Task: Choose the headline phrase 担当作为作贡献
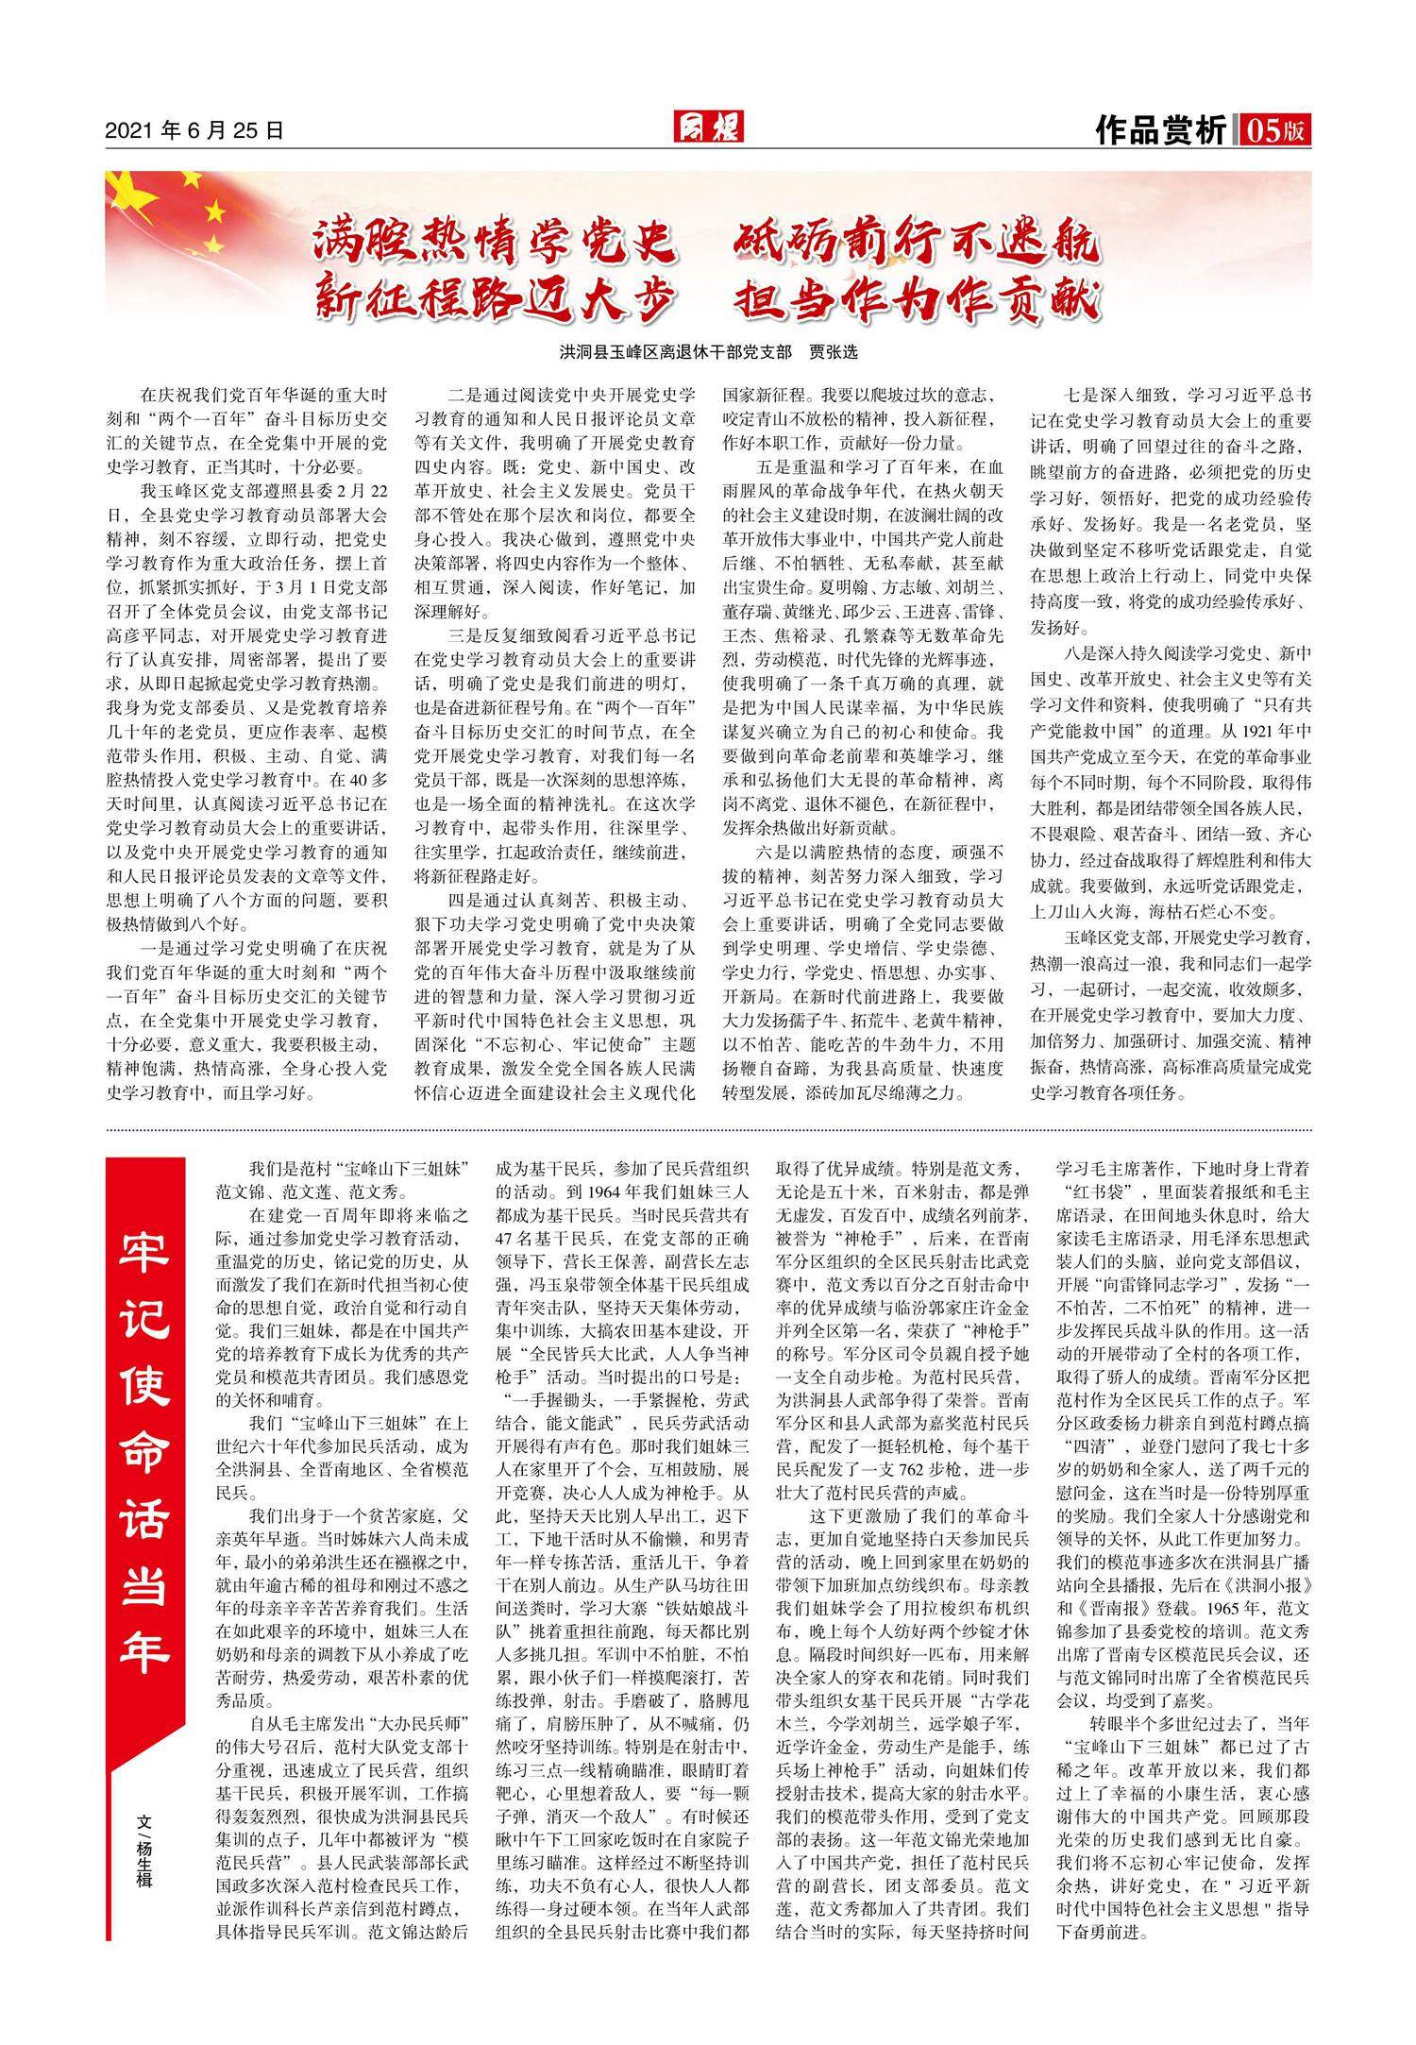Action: click(x=915, y=301)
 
